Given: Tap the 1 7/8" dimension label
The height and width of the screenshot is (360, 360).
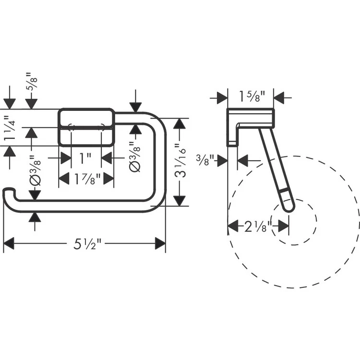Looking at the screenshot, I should (x=86, y=180).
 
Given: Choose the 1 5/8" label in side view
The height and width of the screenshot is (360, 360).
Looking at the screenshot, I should (x=250, y=97).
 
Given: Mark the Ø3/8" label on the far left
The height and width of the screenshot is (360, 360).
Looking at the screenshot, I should (x=35, y=170).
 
